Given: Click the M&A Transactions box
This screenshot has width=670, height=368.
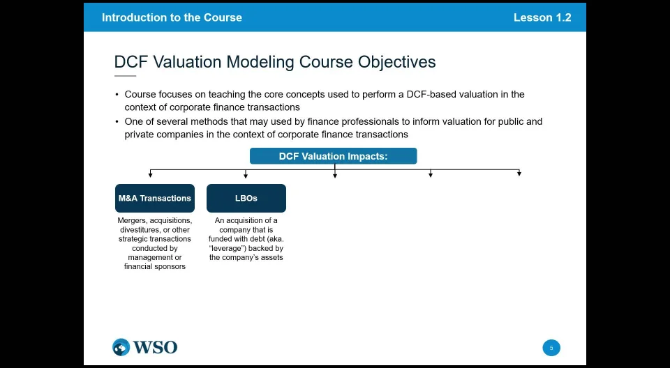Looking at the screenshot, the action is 155,198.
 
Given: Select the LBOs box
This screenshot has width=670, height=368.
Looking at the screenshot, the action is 246,198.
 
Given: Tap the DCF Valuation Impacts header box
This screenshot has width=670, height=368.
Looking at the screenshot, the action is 334,156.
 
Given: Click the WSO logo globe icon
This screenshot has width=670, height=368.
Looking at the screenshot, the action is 121,347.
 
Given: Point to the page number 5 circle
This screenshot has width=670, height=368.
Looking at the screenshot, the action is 551,348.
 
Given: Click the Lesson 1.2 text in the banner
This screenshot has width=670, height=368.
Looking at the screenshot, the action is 542,17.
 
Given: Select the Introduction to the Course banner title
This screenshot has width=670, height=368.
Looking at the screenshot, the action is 172,17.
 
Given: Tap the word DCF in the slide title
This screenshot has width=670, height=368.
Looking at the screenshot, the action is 131,62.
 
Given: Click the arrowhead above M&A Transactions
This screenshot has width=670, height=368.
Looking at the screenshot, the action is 150,175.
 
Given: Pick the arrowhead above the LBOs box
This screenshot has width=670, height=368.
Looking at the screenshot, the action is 246,175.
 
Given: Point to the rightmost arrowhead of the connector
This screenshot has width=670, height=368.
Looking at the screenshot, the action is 519,174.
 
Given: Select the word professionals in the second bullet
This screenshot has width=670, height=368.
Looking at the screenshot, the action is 359,122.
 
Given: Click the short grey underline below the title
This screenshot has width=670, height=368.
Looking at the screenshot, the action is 125,76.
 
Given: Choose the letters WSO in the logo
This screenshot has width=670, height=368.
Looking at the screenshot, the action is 155,347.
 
